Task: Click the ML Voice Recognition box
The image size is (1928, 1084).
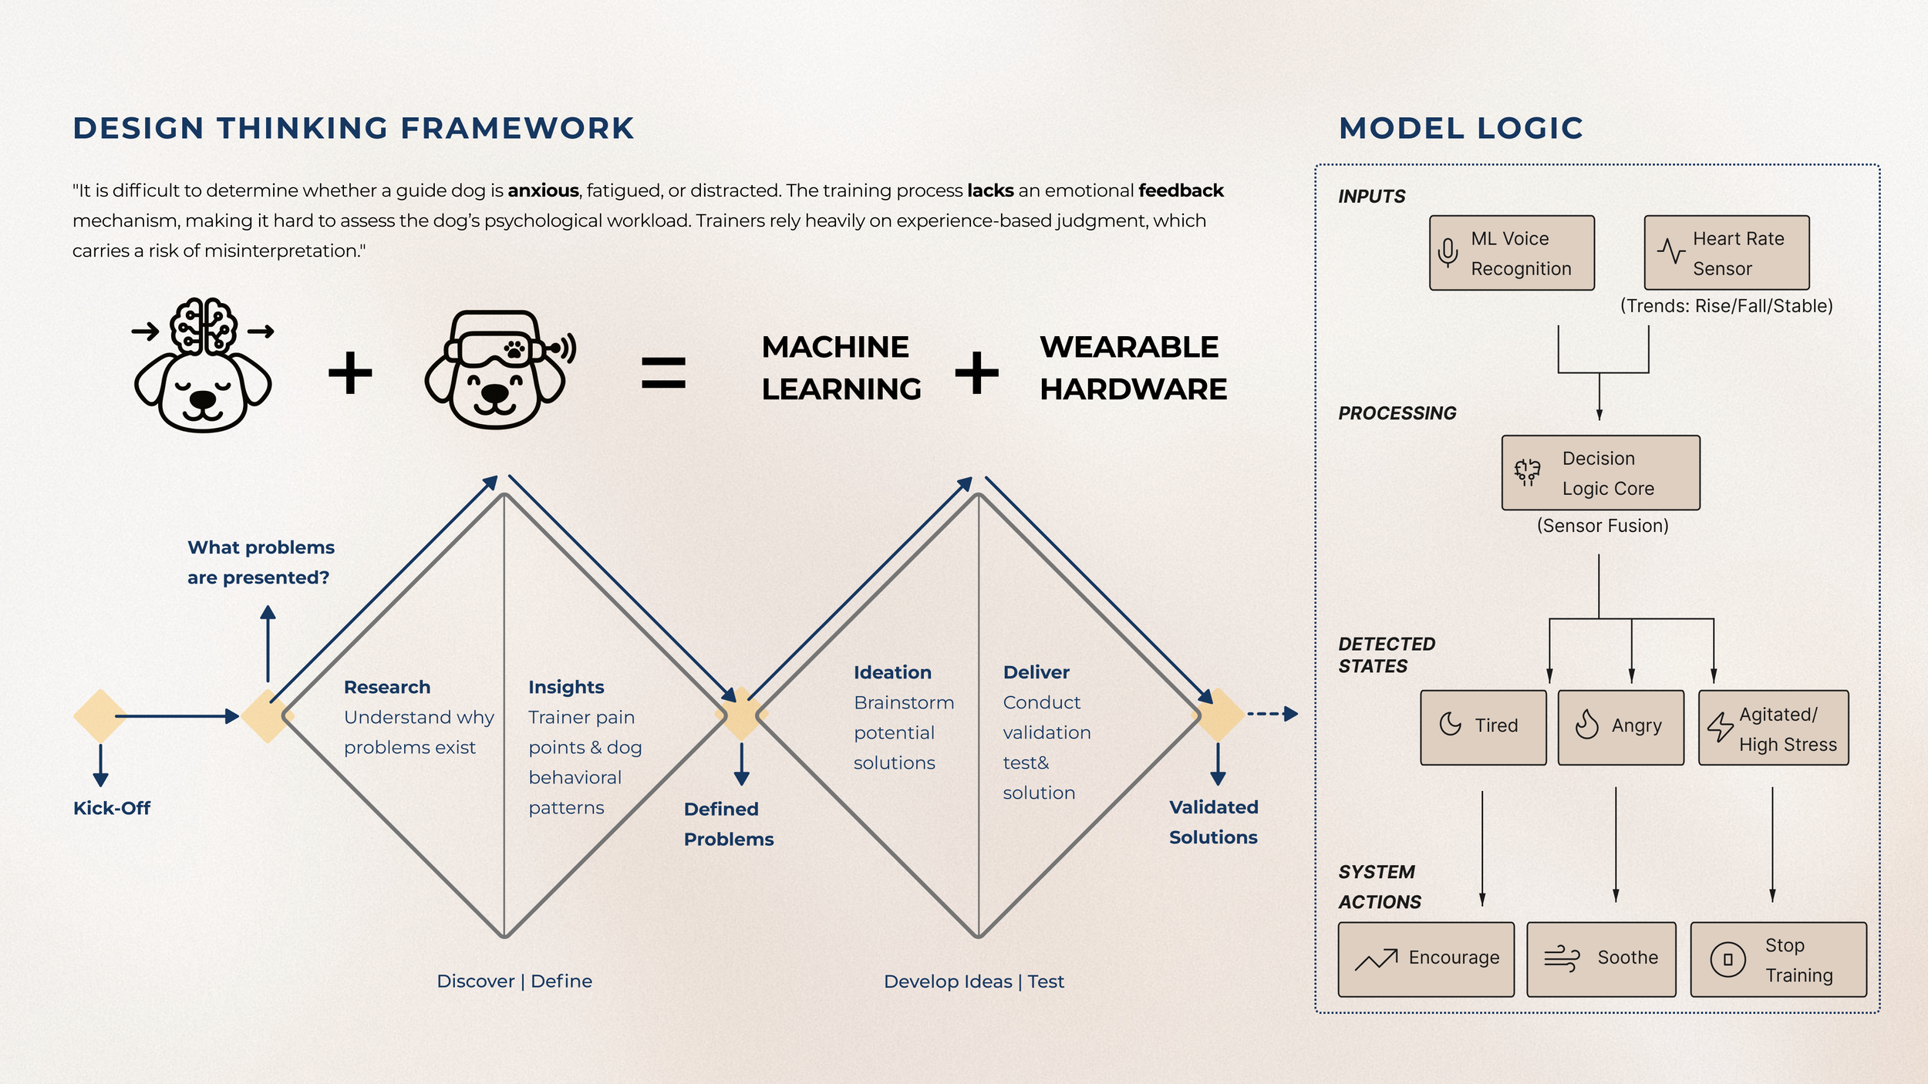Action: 1512,253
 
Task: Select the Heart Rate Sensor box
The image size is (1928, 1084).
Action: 1727,253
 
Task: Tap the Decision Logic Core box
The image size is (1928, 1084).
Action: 1600,473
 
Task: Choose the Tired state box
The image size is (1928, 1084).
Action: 1483,727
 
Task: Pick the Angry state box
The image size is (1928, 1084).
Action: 1620,727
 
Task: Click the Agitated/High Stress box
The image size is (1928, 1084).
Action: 1773,727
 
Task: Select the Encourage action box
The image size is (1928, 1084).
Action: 1426,959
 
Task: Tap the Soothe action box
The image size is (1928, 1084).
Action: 1601,959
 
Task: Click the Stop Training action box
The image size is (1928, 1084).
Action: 1778,959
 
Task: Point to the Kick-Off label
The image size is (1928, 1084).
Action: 112,808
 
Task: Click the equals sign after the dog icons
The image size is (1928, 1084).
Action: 663,372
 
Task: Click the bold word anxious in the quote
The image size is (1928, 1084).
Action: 543,190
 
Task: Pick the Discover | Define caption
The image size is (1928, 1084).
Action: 514,981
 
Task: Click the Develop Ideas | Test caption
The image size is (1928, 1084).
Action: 973,981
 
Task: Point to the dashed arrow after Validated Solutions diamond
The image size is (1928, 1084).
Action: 1272,714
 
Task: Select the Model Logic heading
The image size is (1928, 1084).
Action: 1461,128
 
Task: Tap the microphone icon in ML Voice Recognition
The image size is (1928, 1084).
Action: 1448,252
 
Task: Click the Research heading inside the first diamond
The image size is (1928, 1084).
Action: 386,687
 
